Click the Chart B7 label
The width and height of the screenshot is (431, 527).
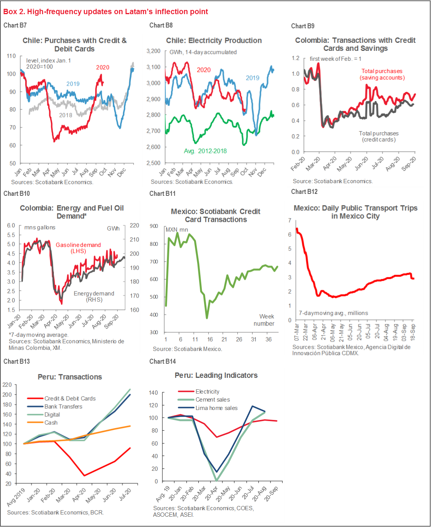coord(15,25)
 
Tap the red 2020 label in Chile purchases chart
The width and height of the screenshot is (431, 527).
coord(102,67)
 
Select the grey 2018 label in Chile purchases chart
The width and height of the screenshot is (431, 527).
coord(66,115)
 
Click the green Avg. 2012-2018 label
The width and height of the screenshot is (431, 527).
coord(205,151)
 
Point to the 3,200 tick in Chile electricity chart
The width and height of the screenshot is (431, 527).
coord(154,51)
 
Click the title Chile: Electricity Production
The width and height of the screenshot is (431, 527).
coord(214,41)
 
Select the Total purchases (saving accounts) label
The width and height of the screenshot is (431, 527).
coord(382,74)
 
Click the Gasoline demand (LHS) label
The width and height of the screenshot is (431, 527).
coord(78,248)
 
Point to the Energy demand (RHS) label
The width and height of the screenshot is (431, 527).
coord(94,296)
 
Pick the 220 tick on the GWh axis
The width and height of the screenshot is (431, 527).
coord(134,226)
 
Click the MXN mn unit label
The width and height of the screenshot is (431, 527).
coord(177,229)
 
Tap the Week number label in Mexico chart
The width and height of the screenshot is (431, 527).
coord(264,320)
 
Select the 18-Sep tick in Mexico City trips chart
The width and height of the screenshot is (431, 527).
coord(413,332)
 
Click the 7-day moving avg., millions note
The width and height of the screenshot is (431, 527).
coord(334,313)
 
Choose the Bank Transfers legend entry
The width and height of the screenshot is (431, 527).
coord(63,407)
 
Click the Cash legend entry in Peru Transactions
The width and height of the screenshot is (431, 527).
coord(51,423)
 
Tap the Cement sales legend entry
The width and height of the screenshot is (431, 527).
coord(212,400)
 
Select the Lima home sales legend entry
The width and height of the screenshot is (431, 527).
coord(216,408)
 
